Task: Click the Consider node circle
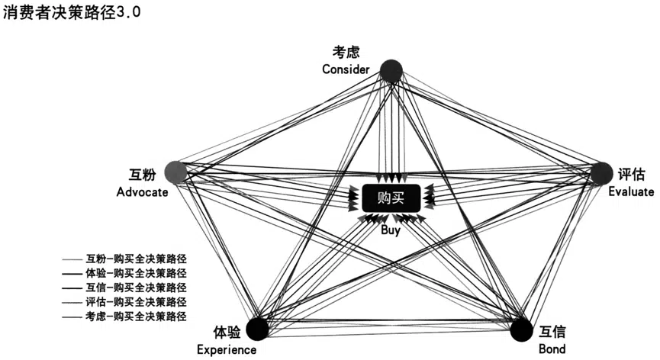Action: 391,71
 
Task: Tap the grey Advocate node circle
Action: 175,172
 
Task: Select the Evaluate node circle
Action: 601,173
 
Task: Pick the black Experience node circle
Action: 257,329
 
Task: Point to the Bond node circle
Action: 522,329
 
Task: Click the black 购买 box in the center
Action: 391,198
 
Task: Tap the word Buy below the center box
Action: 391,230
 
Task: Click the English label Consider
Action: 346,69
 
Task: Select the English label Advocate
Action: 142,192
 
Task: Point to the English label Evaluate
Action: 631,191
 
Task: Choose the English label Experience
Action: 227,350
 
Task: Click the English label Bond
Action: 552,349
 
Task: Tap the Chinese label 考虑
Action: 346,52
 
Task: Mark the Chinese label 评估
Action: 631,174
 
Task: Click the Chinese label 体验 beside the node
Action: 227,332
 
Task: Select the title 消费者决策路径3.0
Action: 72,12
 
